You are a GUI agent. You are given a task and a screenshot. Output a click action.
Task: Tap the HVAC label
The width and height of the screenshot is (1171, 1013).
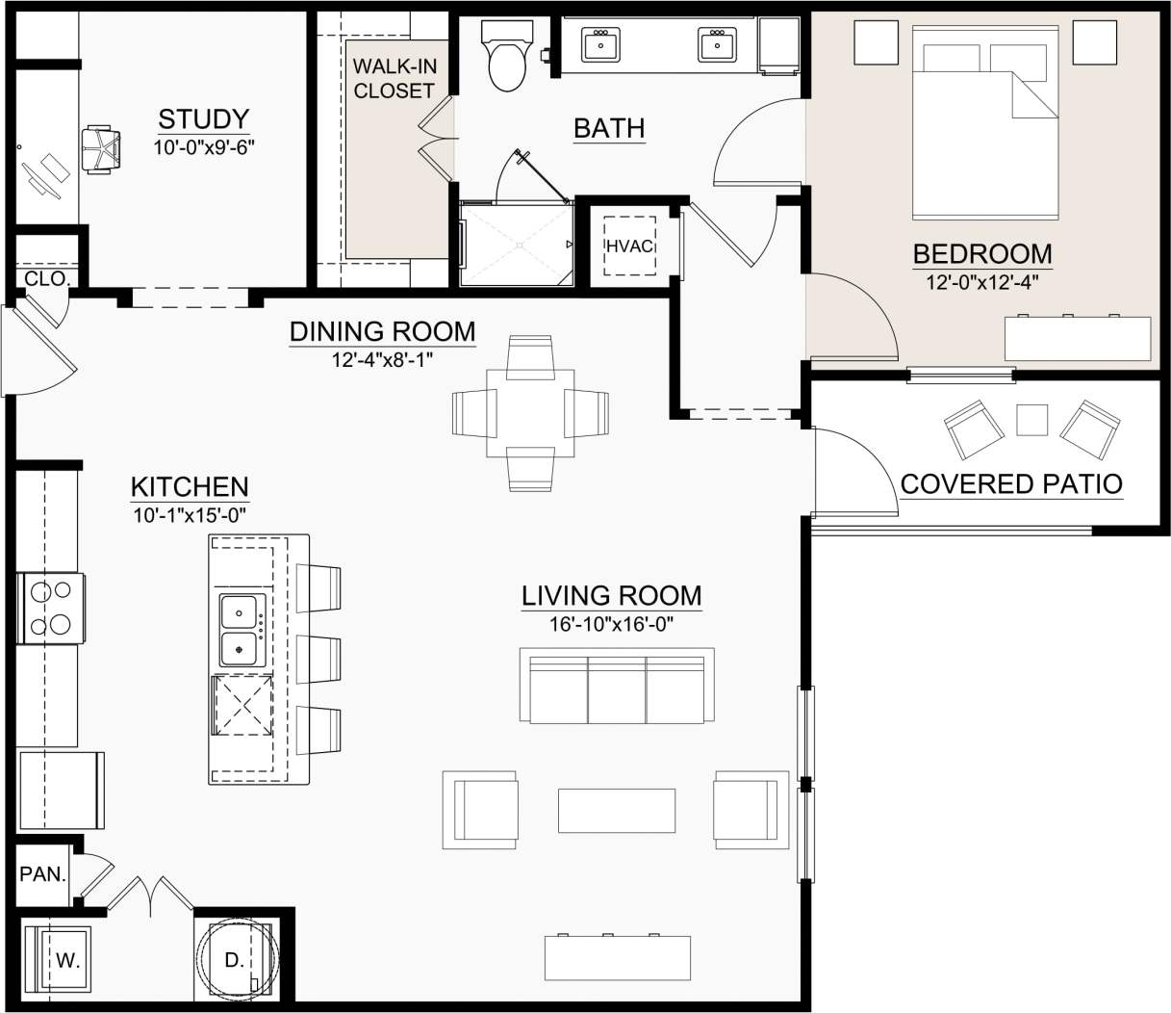629,247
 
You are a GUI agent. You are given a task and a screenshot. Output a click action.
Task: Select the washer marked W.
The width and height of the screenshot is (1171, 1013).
59,959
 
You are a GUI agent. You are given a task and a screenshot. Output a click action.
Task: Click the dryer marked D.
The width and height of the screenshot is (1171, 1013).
235,959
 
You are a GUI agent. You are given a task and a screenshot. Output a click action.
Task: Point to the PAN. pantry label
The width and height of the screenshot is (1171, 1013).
43,875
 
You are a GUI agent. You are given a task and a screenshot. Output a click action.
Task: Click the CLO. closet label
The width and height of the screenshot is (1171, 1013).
46,279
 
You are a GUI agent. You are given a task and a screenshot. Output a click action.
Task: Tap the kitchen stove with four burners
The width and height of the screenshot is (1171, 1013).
50,608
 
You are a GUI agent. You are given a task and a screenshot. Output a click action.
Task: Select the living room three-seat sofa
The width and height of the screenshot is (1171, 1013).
617,688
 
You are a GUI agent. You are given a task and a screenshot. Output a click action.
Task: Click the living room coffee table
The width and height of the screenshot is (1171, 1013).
617,810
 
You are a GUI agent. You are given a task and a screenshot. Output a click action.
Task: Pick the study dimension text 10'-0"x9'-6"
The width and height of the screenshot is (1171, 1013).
203,148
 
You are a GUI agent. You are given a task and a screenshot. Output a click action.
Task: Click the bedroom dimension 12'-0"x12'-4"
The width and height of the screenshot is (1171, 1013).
981,282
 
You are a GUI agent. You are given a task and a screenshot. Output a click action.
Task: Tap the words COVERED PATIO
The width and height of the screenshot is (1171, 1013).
1011,483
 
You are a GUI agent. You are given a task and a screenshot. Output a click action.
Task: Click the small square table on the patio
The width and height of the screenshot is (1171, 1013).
1031,420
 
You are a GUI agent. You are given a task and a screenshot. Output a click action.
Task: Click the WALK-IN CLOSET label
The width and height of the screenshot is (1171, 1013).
395,79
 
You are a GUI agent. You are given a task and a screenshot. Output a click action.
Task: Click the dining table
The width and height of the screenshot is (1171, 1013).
530,413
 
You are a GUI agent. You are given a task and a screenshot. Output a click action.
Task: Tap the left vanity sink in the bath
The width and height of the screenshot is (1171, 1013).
600,44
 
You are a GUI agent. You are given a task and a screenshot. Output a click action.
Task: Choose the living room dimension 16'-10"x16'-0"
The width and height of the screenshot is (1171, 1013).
611,624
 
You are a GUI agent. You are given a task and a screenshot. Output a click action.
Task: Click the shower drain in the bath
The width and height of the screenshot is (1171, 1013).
518,247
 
